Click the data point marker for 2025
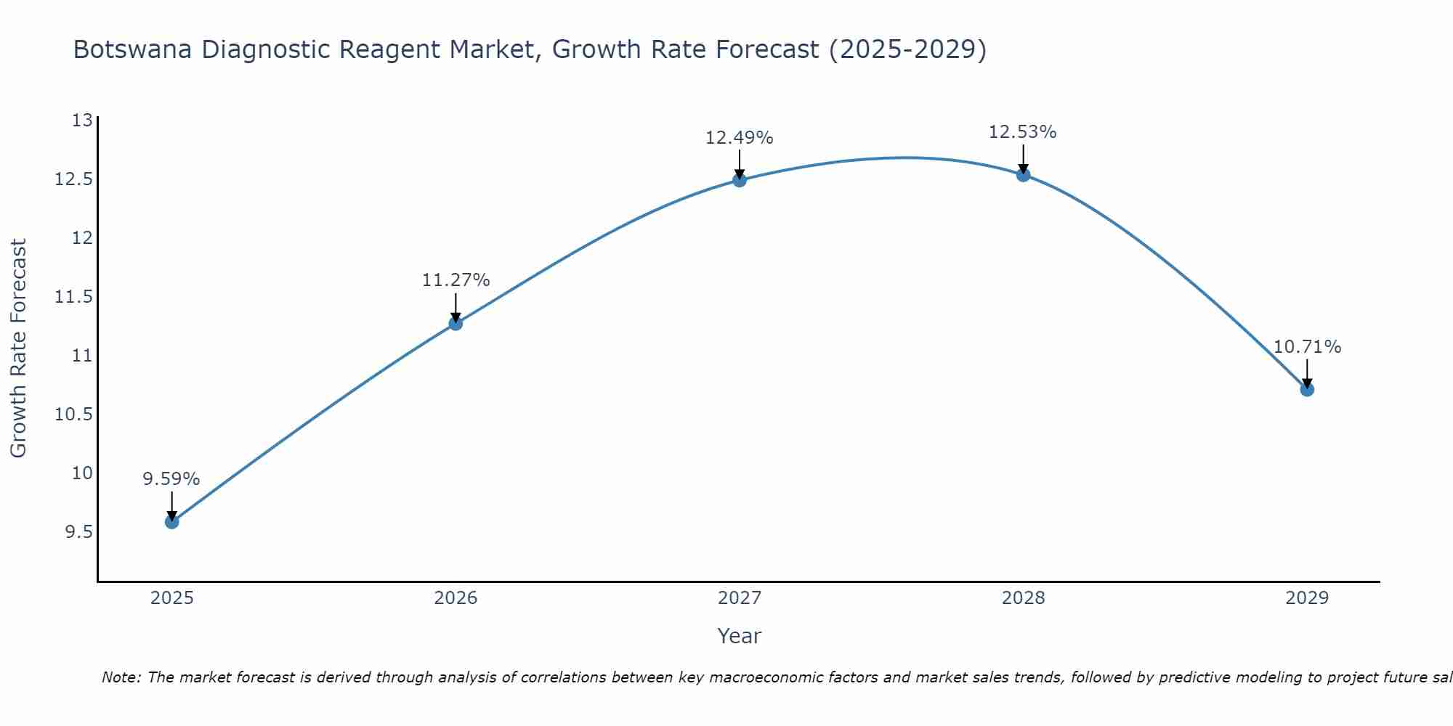(x=171, y=521)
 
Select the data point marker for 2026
(x=456, y=323)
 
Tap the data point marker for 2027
(x=740, y=179)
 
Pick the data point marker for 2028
(x=1023, y=174)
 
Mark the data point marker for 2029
(x=1307, y=389)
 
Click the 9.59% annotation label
(x=171, y=479)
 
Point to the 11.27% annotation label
(x=456, y=280)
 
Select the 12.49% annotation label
(x=740, y=138)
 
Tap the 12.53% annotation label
(x=1023, y=132)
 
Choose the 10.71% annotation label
(x=1307, y=347)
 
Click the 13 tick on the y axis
(x=83, y=121)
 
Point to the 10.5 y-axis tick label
(x=73, y=415)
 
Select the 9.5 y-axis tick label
(x=78, y=532)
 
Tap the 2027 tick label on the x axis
(x=740, y=598)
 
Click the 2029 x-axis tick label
(x=1307, y=598)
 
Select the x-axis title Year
(x=740, y=636)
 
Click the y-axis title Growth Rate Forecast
(x=19, y=348)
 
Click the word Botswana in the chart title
(x=134, y=50)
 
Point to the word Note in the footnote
(x=121, y=677)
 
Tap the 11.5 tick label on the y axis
(x=73, y=297)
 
